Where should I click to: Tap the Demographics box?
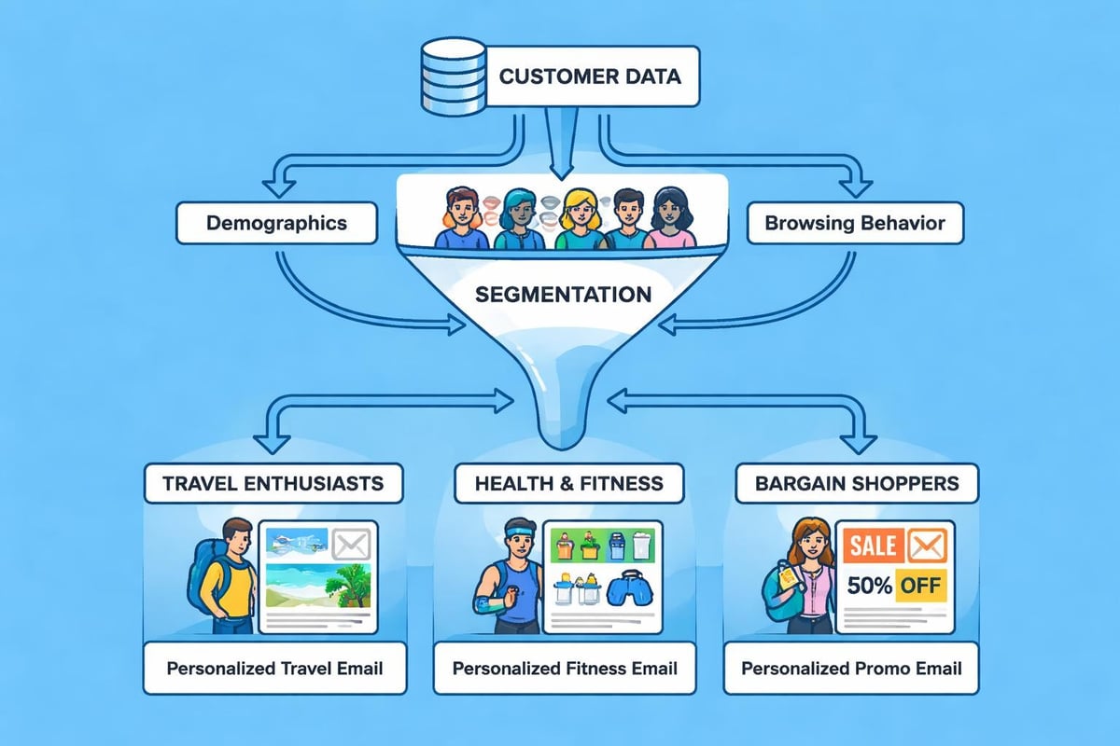click(276, 223)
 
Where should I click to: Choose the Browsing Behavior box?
click(854, 223)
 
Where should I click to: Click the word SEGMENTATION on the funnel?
click(562, 295)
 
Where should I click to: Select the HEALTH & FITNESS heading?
click(568, 483)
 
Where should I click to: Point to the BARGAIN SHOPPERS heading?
click(856, 483)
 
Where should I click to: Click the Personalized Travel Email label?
click(274, 668)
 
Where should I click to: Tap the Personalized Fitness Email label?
click(565, 668)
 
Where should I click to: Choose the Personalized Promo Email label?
click(851, 668)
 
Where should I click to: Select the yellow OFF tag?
click(919, 587)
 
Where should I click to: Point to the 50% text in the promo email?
click(868, 587)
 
